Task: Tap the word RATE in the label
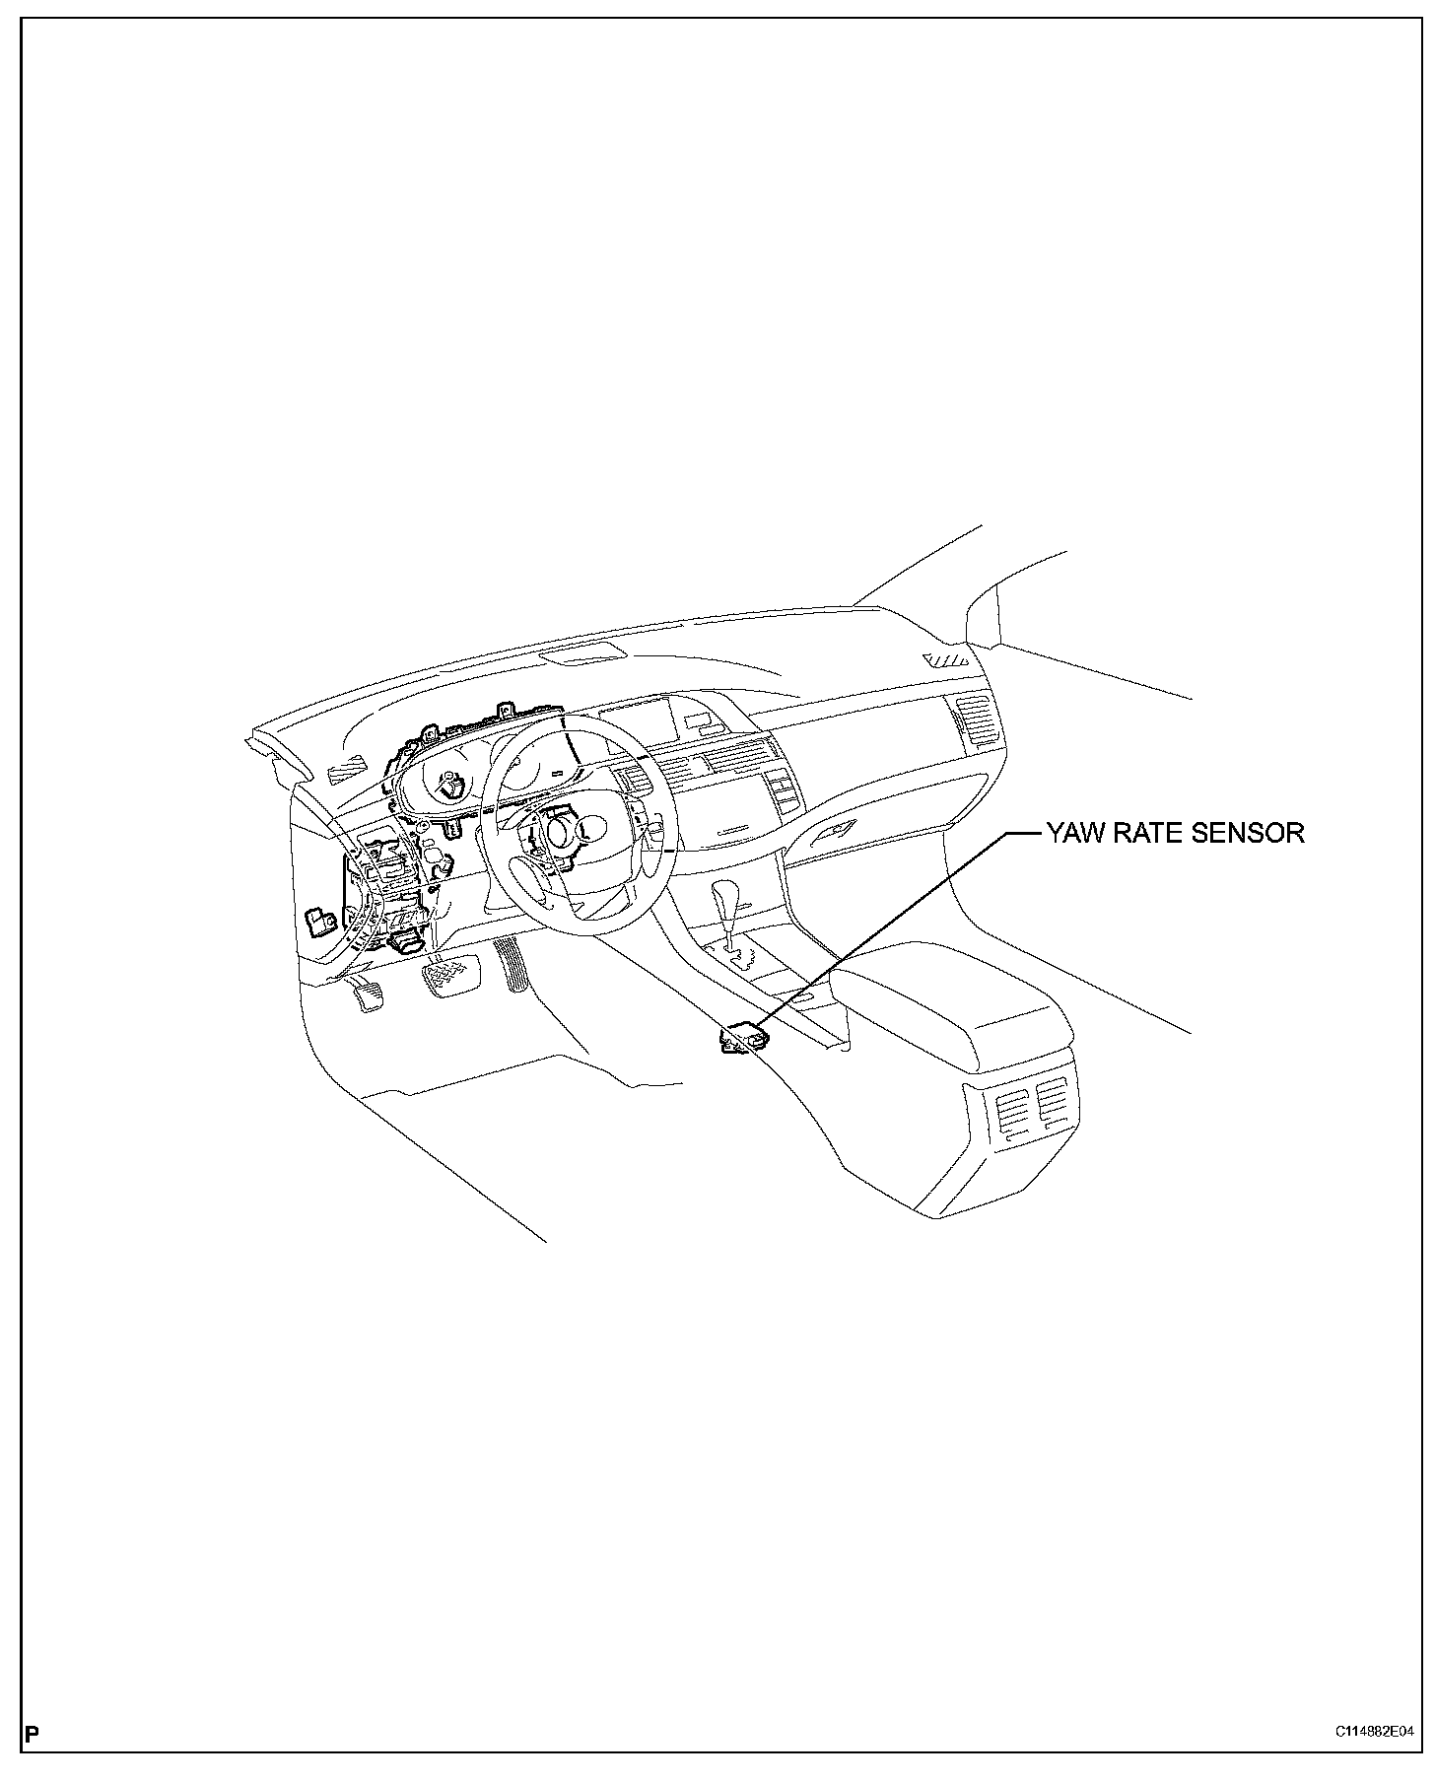point(1149,834)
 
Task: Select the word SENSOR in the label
point(1248,834)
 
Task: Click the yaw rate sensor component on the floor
point(743,1038)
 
